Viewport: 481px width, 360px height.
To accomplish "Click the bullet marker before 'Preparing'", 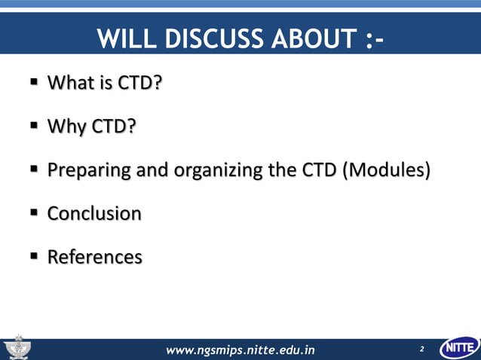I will [x=34, y=170].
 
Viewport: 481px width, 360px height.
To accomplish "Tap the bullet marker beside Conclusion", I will [x=34, y=214].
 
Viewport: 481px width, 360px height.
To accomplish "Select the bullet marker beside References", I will [x=34, y=258].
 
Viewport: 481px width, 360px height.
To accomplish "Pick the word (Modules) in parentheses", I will [x=387, y=170].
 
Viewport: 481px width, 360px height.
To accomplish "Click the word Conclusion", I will [x=94, y=214].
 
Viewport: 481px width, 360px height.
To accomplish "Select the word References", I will [x=95, y=258].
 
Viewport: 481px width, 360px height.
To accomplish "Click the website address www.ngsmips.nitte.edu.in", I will [x=240, y=349].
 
